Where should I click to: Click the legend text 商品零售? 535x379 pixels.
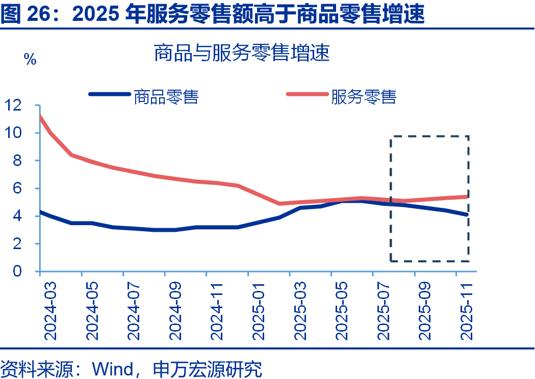[x=166, y=96]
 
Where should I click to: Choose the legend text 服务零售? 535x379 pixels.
[x=364, y=96]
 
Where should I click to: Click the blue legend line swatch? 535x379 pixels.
[x=109, y=94]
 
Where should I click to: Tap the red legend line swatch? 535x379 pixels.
[x=307, y=94]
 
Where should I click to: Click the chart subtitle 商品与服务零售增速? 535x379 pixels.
[x=242, y=53]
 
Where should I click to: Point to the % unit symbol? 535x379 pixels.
[x=30, y=60]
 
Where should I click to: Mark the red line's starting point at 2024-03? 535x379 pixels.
[x=40, y=117]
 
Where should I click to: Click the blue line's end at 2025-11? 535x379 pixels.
[x=467, y=214]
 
